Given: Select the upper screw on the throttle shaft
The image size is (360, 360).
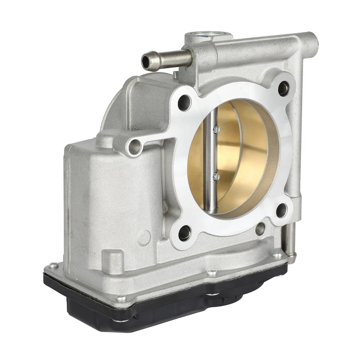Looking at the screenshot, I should pos(216,129).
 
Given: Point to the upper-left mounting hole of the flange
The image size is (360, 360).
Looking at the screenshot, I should pos(184,102).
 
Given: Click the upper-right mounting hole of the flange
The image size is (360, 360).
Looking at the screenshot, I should pos(283,88).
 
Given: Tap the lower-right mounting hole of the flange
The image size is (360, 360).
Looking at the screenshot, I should pos(282,210).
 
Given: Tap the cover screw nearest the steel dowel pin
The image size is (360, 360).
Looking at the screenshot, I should pos(278,255).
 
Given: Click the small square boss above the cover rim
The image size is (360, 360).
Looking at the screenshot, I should pos(113,259).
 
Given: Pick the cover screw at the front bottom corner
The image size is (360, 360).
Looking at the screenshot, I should pos(121,298).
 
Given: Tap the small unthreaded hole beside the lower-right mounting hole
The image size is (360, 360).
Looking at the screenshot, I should pos(260,228).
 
